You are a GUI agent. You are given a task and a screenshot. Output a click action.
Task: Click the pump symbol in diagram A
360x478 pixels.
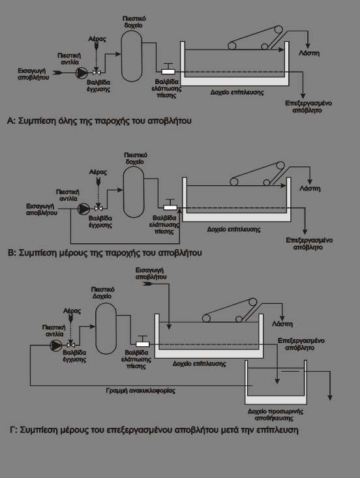coord(82,72)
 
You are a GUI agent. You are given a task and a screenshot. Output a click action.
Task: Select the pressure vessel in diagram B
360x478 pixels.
coord(134,192)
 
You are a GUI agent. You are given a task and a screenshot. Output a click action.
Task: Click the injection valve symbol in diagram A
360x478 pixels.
coord(97,72)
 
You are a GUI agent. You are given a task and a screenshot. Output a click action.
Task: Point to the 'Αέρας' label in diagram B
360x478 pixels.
coord(98,172)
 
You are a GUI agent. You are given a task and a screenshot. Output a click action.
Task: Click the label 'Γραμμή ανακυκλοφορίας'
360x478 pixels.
coord(140,391)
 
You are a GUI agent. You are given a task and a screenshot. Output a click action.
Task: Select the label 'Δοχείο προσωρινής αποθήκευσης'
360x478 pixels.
coord(276,415)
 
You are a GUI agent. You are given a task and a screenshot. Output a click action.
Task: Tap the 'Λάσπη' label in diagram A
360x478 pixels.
coord(309,53)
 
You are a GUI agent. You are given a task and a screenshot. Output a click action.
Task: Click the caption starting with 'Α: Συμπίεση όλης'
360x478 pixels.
coord(99,121)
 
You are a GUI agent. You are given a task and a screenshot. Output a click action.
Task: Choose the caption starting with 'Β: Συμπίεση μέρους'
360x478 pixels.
coord(105,253)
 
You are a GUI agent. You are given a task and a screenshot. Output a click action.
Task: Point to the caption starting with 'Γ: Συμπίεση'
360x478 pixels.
coord(154,430)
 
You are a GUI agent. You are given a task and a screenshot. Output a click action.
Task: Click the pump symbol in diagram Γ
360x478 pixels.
coord(55,345)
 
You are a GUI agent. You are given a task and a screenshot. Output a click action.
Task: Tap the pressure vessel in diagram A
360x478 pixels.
coord(132,56)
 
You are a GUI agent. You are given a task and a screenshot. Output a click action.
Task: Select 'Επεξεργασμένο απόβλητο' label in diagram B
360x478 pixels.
coord(309,244)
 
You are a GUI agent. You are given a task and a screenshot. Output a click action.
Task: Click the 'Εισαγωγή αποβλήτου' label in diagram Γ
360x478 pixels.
coord(151,273)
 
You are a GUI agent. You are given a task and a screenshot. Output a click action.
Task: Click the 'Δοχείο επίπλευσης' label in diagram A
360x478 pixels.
coord(237,92)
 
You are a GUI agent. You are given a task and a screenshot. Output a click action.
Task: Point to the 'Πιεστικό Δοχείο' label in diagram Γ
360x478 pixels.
coord(103,293)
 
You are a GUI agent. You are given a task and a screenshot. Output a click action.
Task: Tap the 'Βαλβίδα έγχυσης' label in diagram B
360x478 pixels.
coord(100,222)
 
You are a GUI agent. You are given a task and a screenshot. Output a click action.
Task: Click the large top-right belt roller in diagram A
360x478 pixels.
coord(278,30)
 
